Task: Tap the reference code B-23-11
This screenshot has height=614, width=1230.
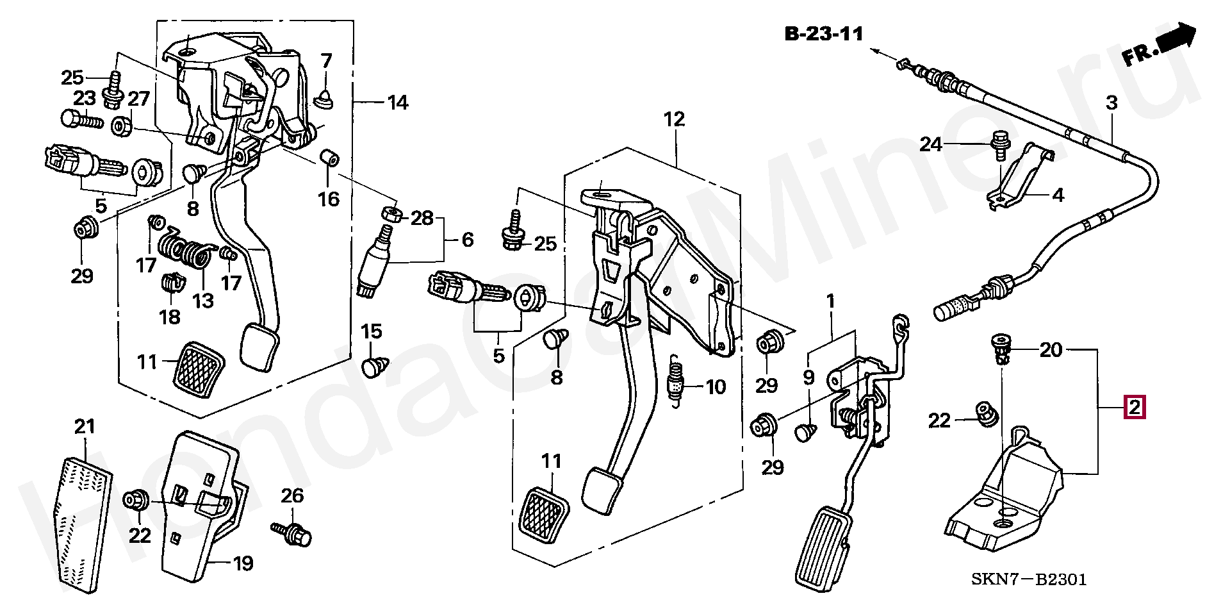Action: pyautogui.click(x=824, y=34)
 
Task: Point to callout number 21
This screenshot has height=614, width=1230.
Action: pyautogui.click(x=85, y=427)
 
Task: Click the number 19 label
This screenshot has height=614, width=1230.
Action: pyautogui.click(x=242, y=564)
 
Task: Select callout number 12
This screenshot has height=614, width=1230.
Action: pyautogui.click(x=674, y=119)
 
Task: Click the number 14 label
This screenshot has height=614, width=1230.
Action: pyautogui.click(x=398, y=103)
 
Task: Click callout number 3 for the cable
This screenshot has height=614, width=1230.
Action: pyautogui.click(x=1111, y=103)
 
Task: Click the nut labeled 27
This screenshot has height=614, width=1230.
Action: pyautogui.click(x=122, y=126)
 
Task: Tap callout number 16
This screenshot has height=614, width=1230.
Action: pyautogui.click(x=329, y=198)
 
